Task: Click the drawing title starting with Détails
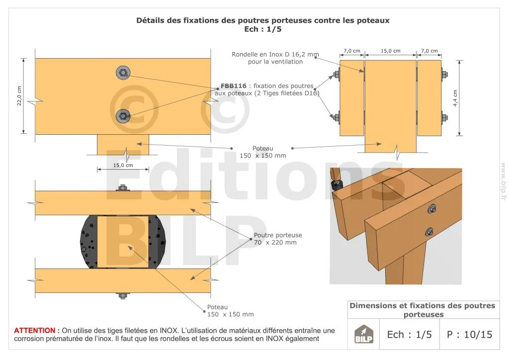(262, 20)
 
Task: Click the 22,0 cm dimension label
(19, 96)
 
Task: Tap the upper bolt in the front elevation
(123, 73)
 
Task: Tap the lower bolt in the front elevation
(123, 116)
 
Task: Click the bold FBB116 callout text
(234, 86)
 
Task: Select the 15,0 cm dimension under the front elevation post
(123, 165)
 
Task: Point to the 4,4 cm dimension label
(455, 98)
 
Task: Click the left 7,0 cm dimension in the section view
(352, 51)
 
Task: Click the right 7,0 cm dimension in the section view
(429, 51)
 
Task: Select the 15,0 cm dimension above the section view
(391, 51)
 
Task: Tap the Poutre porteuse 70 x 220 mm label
(278, 239)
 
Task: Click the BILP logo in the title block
(363, 334)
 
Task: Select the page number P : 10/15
(469, 335)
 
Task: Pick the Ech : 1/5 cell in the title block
(410, 335)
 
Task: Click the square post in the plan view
(123, 242)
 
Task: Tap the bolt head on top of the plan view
(122, 188)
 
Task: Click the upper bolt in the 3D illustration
(432, 209)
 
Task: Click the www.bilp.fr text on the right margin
(504, 181)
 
